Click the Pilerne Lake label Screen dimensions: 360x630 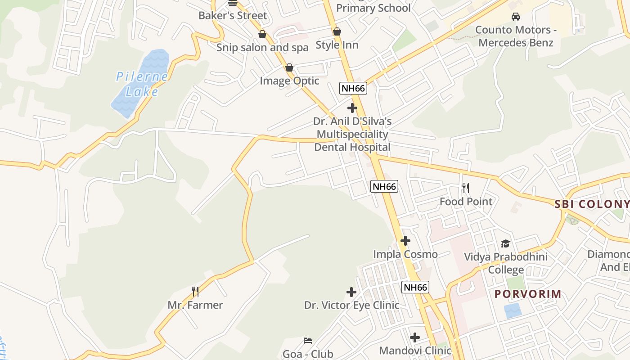pos(142,84)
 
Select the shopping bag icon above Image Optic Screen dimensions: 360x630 pos(289,67)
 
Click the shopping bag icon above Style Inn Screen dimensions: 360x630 pos(337,31)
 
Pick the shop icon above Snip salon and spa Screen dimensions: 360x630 pos(262,34)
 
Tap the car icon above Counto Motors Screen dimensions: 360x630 pos(516,17)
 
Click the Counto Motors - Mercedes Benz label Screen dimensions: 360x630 pos(516,36)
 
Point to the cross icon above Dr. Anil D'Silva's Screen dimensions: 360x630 pos(352,108)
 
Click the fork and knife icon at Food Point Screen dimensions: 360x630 pos(466,188)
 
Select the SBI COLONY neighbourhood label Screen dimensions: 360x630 pos(591,204)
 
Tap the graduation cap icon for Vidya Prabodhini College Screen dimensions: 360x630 pos(506,243)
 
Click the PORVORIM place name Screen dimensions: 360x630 pos(528,294)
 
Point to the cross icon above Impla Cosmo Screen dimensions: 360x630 pos(405,241)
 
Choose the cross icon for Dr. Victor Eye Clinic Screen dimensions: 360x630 pos(351,292)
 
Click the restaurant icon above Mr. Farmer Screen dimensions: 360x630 pos(195,292)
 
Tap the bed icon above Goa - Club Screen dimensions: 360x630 pos(308,341)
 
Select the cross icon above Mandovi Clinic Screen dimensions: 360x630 pos(415,337)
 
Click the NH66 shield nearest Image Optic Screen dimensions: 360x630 pos(353,88)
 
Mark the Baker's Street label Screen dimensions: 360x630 pos(233,15)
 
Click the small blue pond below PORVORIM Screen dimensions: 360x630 pos(513,310)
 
